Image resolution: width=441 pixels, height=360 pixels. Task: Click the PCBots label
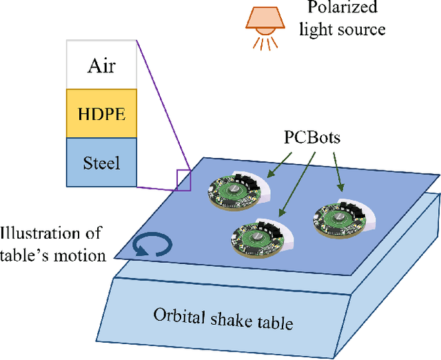coord(311,137)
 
